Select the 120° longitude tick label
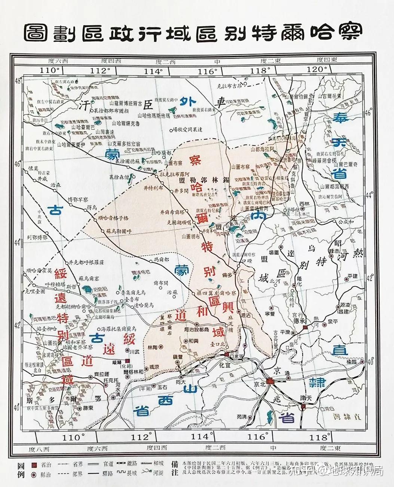click(x=317, y=70)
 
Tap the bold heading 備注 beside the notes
click(x=174, y=469)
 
